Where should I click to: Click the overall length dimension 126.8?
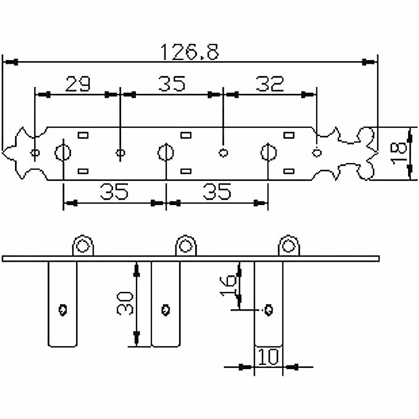click(190, 52)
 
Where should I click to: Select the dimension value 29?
click(78, 84)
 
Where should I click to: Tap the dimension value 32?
click(270, 84)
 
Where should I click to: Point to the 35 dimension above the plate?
click(171, 84)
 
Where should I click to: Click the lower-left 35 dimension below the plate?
click(114, 192)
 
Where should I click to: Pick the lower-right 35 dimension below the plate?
click(217, 192)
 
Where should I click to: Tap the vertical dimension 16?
click(229, 285)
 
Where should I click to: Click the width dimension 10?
click(269, 357)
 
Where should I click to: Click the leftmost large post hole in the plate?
click(63, 153)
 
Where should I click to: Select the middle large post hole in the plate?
click(166, 153)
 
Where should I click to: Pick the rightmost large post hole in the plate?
click(268, 153)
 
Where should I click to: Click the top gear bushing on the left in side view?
click(83, 246)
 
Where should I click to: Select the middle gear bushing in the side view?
click(186, 246)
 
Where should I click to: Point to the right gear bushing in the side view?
click(288, 246)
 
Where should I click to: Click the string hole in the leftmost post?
click(63, 310)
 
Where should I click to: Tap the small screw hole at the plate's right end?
click(317, 153)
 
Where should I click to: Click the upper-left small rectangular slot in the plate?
click(83, 135)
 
